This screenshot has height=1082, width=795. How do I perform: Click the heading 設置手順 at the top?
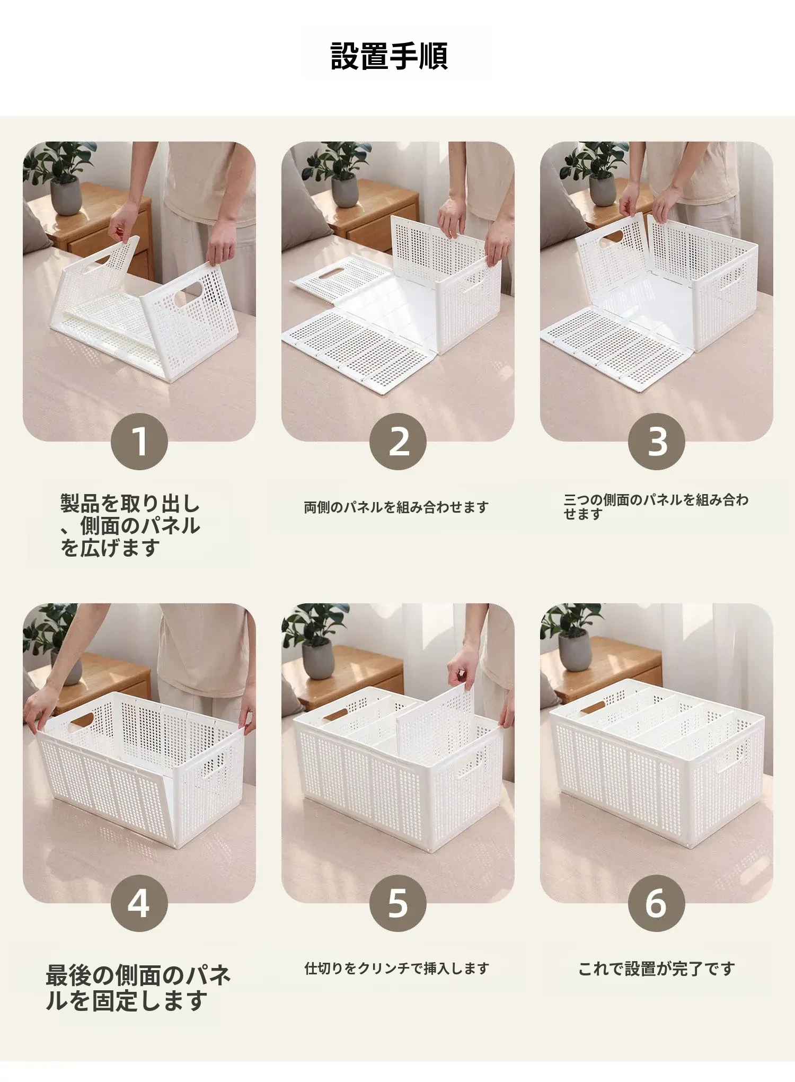tap(390, 56)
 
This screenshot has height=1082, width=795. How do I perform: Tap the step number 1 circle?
tap(139, 442)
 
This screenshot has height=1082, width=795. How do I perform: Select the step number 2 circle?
tap(398, 442)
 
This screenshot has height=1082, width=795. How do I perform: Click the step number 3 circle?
tap(657, 442)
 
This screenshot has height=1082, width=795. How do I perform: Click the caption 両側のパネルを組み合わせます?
tap(396, 507)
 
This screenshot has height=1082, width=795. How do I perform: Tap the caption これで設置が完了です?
tap(657, 969)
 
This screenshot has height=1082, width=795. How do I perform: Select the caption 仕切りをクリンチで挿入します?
tap(396, 969)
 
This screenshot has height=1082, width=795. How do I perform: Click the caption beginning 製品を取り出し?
tap(130, 525)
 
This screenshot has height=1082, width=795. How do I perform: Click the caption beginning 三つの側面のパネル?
tap(656, 507)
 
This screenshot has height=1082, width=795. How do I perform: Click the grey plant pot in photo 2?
tap(344, 191)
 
